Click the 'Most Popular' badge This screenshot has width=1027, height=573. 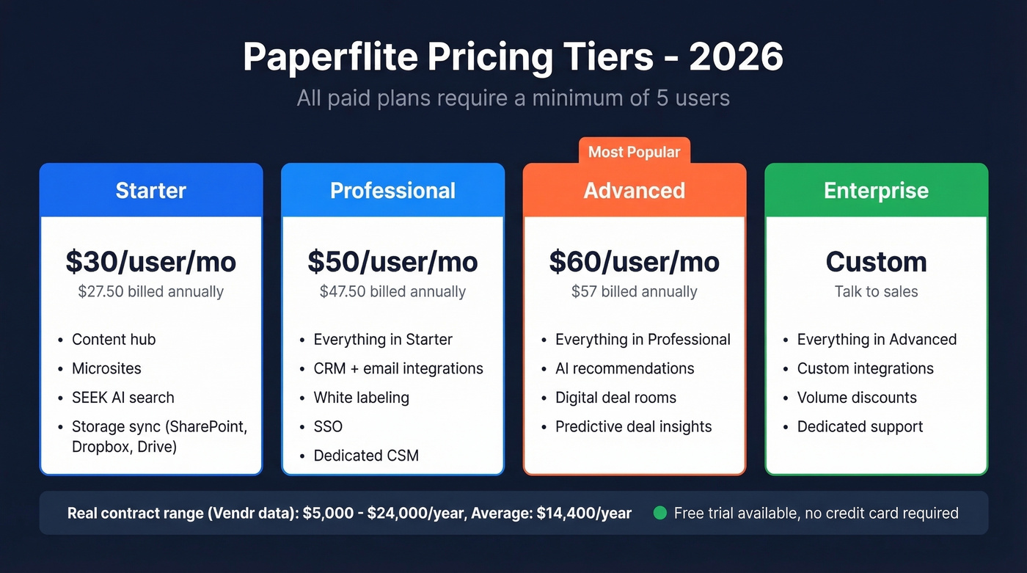pyautogui.click(x=634, y=152)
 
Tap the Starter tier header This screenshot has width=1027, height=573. pyautogui.click(x=151, y=191)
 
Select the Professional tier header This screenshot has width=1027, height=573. pyautogui.click(x=392, y=191)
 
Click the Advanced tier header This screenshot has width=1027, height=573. pyautogui.click(x=634, y=191)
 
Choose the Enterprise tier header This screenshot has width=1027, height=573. pyautogui.click(x=876, y=191)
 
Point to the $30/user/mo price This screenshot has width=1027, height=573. pyautogui.click(x=151, y=262)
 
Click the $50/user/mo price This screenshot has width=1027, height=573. pyautogui.click(x=392, y=262)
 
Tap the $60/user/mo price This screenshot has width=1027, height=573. pyautogui.click(x=634, y=262)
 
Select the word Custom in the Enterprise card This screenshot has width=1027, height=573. pyautogui.click(x=876, y=262)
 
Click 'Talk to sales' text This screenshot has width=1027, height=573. pyautogui.click(x=876, y=291)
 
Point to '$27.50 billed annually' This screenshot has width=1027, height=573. pyautogui.click(x=151, y=291)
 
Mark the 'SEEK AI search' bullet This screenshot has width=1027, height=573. pyautogui.click(x=123, y=398)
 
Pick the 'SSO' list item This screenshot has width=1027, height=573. pyautogui.click(x=328, y=426)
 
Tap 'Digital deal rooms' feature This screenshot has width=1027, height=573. pyautogui.click(x=615, y=398)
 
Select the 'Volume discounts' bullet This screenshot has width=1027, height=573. pyautogui.click(x=857, y=398)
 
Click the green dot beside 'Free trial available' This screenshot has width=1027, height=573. pyautogui.click(x=659, y=513)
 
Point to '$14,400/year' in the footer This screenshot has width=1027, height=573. pyautogui.click(x=584, y=513)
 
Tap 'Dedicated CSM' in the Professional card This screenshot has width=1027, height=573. pyautogui.click(x=366, y=456)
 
